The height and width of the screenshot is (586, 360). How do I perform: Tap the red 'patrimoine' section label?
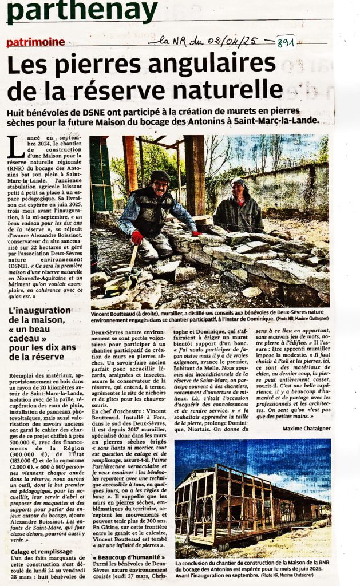point(35,42)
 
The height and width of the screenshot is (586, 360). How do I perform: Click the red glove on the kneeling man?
point(137,237)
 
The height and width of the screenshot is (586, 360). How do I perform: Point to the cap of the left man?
point(159,175)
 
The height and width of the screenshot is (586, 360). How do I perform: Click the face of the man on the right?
point(237,189)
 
